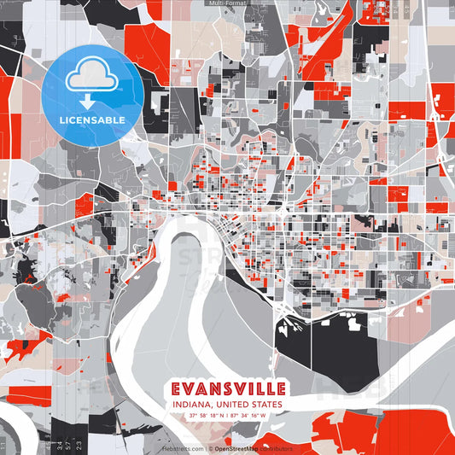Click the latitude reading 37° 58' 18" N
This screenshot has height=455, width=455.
point(205,416)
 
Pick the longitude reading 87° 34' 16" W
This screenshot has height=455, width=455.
point(248,416)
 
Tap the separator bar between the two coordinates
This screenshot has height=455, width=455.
point(227,416)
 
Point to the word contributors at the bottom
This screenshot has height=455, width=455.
point(276,448)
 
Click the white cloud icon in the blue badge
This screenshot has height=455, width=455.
point(90,76)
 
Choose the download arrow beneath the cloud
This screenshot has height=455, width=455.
point(90,97)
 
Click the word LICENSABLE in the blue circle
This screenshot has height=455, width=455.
point(90,120)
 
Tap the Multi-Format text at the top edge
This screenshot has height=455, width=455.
point(227,3)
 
